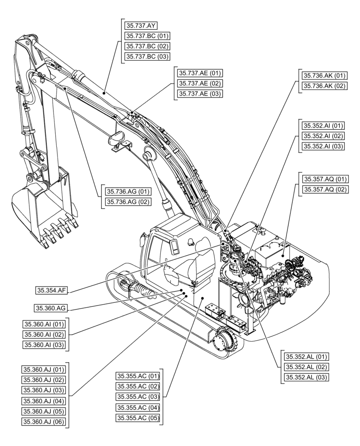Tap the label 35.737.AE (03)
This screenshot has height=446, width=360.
pos(200,94)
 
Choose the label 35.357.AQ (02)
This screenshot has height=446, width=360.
pos(325,190)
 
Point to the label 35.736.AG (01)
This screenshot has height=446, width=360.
pos(128,192)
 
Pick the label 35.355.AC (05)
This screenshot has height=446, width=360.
pos(138,418)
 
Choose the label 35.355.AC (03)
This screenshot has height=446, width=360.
pos(138,397)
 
